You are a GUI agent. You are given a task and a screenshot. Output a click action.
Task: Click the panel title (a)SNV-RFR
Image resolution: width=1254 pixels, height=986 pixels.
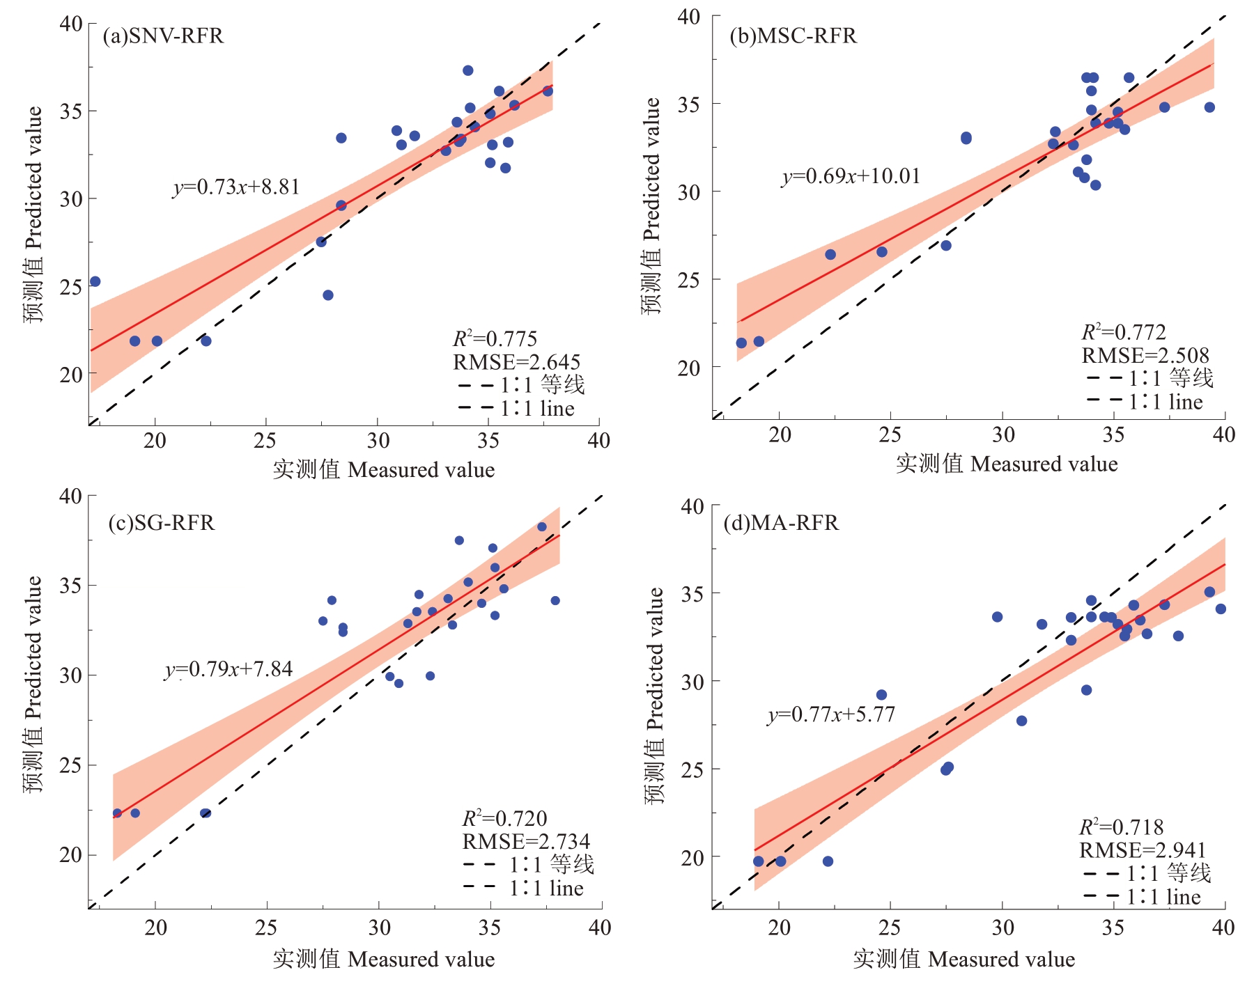pyautogui.click(x=163, y=36)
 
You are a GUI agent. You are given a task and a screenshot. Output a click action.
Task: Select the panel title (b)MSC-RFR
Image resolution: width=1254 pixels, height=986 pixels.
pyautogui.click(x=793, y=36)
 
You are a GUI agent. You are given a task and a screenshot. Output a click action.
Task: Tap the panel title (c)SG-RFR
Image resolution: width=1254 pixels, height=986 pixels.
pyautogui.click(x=162, y=522)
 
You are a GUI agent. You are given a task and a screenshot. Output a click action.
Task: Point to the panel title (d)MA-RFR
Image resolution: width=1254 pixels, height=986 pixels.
pyautogui.click(x=781, y=522)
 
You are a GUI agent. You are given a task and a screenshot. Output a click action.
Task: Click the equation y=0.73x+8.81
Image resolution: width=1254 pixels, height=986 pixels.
pyautogui.click(x=236, y=187)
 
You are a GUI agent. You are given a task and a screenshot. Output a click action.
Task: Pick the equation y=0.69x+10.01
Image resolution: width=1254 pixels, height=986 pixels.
pyautogui.click(x=851, y=176)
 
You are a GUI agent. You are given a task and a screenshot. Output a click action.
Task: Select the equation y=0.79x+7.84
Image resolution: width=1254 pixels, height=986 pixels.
pyautogui.click(x=229, y=669)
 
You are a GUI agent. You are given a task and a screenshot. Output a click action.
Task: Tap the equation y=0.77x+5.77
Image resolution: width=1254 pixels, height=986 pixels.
pyautogui.click(x=831, y=714)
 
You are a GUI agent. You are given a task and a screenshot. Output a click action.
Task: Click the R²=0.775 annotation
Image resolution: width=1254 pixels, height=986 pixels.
pyautogui.click(x=495, y=339)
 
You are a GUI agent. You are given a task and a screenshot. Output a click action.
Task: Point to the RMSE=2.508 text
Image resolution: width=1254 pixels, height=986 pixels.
pyautogui.click(x=1145, y=356)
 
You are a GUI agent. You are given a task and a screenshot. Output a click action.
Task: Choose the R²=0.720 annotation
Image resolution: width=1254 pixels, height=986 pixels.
pyautogui.click(x=504, y=818)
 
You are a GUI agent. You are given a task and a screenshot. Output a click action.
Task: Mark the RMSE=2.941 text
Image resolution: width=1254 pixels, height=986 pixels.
pyautogui.click(x=1143, y=850)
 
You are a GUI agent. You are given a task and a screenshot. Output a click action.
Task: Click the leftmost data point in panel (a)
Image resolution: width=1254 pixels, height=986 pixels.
pyautogui.click(x=95, y=281)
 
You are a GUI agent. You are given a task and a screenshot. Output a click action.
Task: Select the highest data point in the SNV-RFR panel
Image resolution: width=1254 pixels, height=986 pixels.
pyautogui.click(x=468, y=70)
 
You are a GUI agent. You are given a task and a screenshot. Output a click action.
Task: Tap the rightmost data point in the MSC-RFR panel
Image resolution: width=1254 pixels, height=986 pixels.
pyautogui.click(x=1209, y=107)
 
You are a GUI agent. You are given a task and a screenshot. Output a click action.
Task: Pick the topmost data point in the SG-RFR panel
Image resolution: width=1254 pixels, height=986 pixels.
pyautogui.click(x=542, y=527)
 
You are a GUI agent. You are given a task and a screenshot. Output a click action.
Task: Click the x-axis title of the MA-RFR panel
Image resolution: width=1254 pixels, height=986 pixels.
pyautogui.click(x=963, y=960)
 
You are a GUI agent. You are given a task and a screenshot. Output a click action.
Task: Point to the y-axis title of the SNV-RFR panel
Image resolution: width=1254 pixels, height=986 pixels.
pyautogui.click(x=33, y=214)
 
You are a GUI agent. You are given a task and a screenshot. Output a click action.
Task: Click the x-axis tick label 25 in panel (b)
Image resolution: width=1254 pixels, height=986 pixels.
pyautogui.click(x=890, y=435)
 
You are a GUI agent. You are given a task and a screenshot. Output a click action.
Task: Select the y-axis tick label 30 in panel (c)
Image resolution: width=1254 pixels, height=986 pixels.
pyautogui.click(x=70, y=675)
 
